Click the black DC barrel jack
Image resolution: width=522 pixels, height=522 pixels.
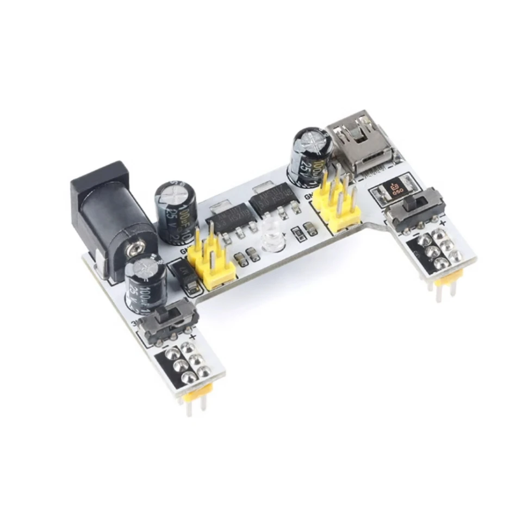(111, 217)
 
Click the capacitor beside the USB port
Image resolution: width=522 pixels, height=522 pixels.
(311, 155)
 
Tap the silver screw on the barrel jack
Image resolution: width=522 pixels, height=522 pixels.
(133, 250)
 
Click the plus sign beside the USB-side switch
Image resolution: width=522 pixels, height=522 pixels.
(443, 222)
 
